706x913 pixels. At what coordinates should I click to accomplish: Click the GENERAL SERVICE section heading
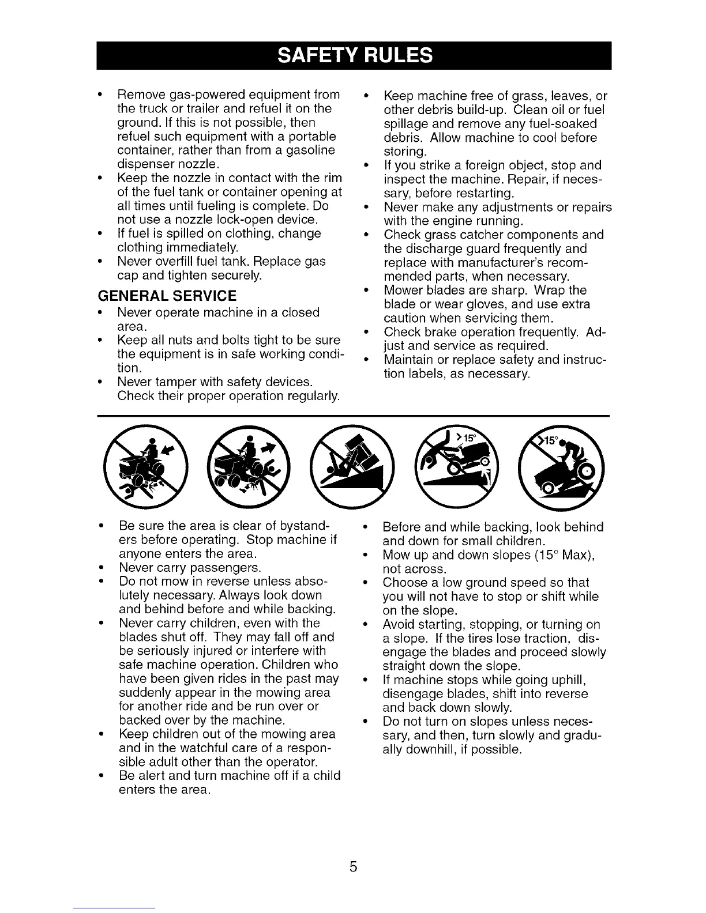[x=168, y=296]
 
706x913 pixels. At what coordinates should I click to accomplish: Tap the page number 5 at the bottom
[x=353, y=866]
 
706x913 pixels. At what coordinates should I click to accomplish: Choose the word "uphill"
[x=567, y=680]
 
